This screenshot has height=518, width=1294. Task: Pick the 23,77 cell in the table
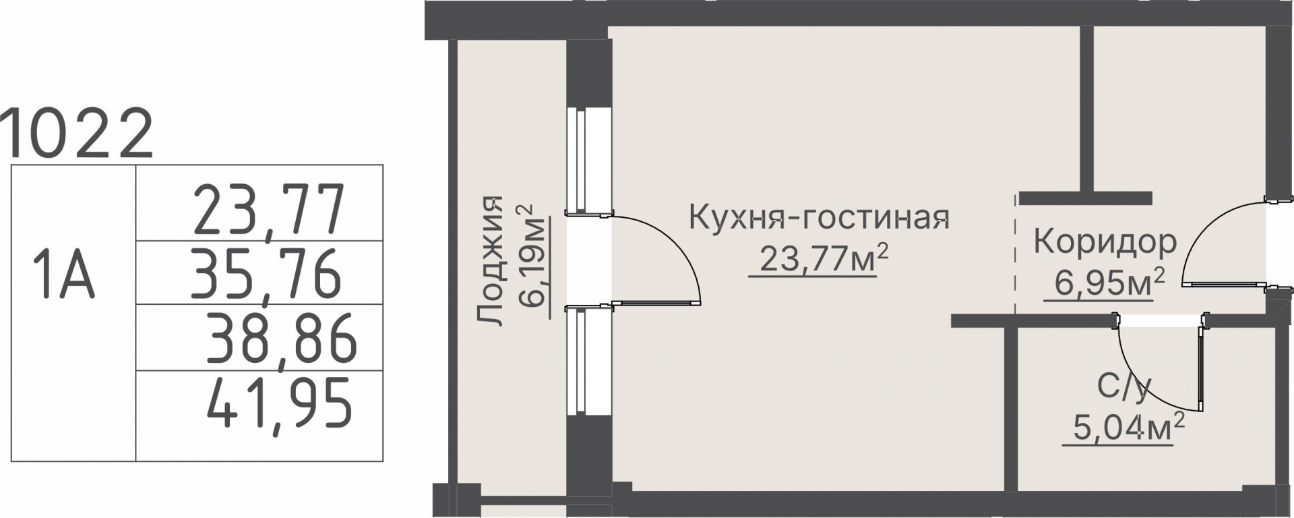(269, 210)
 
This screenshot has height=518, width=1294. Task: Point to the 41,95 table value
(279, 403)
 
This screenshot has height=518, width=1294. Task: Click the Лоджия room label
(490, 262)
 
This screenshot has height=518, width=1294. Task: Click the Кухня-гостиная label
(819, 218)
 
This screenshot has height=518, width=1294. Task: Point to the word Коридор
(1105, 243)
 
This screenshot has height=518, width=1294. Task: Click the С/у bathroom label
(1124, 386)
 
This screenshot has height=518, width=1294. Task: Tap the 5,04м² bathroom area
(1124, 428)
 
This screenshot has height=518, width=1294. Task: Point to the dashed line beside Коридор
(1016, 255)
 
